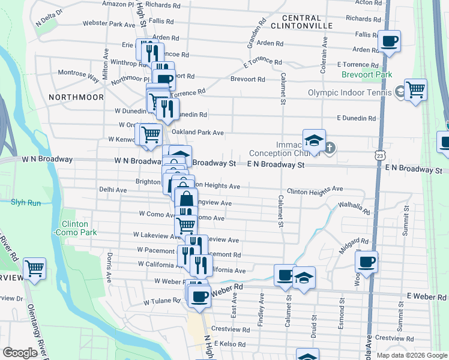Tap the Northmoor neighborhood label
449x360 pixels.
pyautogui.click(x=76, y=97)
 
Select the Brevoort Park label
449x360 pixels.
pyautogui.click(x=366, y=74)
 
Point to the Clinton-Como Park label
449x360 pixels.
pyautogui.click(x=75, y=227)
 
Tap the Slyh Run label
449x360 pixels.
pyautogui.click(x=25, y=202)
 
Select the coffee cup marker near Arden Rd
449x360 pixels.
pyautogui.click(x=390, y=41)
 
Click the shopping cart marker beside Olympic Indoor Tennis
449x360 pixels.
pyautogui.click(x=415, y=90)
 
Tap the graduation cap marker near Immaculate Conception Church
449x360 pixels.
pyautogui.click(x=314, y=140)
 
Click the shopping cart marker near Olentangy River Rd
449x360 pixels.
pyautogui.click(x=35, y=268)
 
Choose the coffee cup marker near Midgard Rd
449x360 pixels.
pyautogui.click(x=366, y=262)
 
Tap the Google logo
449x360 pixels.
pyautogui.click(x=20, y=353)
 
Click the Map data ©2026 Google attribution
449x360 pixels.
pyautogui.click(x=412, y=355)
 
